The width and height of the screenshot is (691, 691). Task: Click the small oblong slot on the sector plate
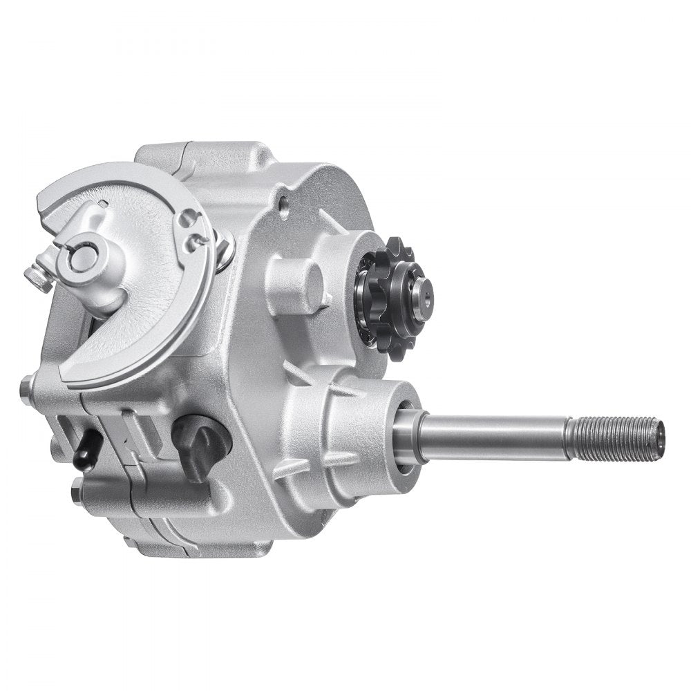pyautogui.click(x=102, y=202)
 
